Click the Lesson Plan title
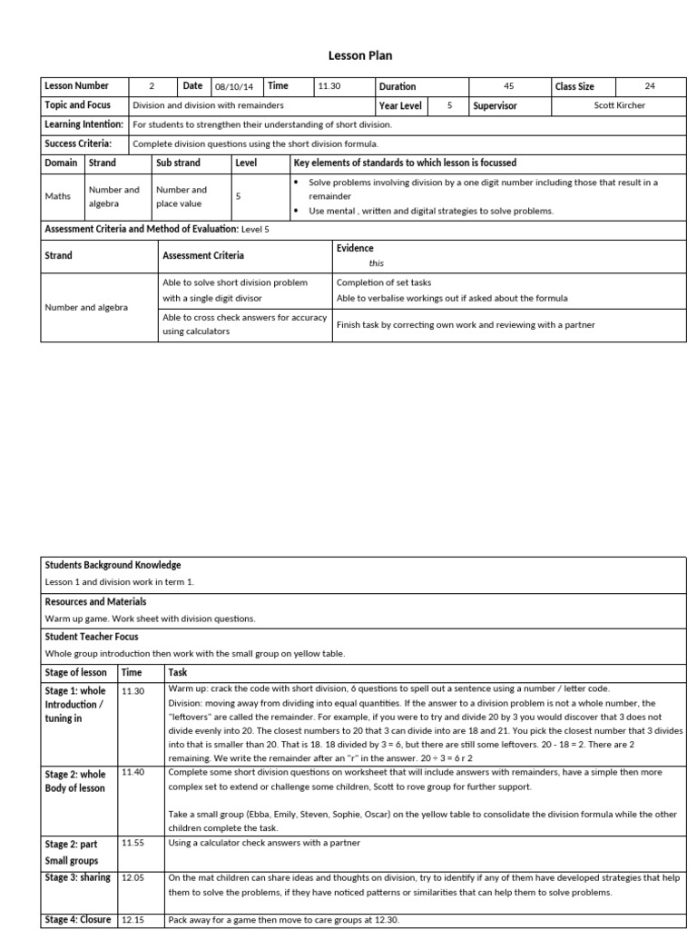348,55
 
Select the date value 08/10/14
235,87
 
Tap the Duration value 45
508,86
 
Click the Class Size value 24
649,86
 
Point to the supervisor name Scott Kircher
620,105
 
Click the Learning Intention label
83,124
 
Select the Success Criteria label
78,143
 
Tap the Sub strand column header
178,163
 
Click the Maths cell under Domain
57,196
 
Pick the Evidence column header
355,248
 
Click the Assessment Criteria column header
203,256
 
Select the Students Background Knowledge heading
113,565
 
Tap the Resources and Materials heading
95,601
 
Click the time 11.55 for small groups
133,843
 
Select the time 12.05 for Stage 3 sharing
133,878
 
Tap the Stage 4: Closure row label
78,919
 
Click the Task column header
178,673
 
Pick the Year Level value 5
449,105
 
